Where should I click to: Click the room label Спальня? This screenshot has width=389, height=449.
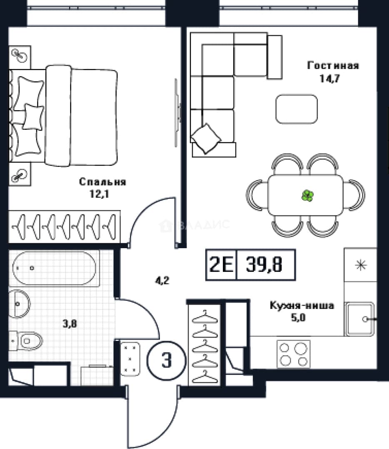[102, 182]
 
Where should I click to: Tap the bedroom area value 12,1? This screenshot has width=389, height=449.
[99, 194]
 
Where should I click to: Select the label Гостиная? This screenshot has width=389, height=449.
[333, 66]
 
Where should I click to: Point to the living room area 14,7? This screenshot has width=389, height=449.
[330, 78]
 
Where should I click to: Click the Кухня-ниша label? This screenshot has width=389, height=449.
[302, 306]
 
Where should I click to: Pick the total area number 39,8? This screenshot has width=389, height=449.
[264, 264]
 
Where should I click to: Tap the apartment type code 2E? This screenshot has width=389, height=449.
[221, 264]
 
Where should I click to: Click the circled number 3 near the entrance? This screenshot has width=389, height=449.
[166, 360]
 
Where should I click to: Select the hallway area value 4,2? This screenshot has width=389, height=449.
[162, 281]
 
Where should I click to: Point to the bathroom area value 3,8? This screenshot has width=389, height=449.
[70, 324]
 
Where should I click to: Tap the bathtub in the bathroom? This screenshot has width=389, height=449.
[55, 268]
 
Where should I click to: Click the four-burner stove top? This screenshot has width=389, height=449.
[294, 354]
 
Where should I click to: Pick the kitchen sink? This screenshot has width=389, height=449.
[359, 319]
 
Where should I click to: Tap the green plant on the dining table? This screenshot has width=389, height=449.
[307, 196]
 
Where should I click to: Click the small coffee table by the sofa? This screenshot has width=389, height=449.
[297, 109]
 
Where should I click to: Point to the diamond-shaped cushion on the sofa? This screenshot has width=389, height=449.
[206, 138]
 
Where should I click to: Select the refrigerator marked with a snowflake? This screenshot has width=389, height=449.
[361, 265]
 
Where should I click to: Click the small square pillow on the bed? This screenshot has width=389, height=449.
[33, 117]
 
